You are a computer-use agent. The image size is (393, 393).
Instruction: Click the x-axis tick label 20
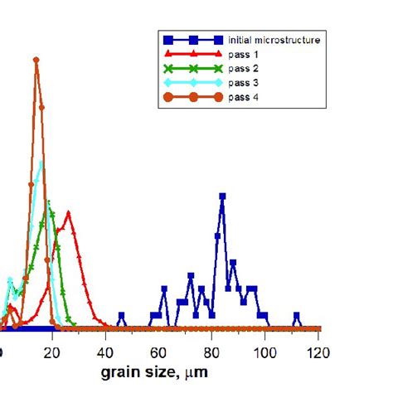[x=52, y=352]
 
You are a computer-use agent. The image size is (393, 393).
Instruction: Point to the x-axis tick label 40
[x=105, y=352]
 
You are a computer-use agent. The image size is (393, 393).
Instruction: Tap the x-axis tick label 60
[x=158, y=352]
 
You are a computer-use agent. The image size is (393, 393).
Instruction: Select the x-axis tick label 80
[x=212, y=352]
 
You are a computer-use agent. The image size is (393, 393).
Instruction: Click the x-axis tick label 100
[x=265, y=352]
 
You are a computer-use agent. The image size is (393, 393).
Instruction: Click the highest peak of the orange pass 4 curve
[x=36, y=60]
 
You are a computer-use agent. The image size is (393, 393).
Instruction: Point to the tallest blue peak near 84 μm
[x=222, y=197]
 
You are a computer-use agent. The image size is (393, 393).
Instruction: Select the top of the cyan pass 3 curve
[x=40, y=162]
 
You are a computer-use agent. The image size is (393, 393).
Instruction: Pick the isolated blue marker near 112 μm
[x=298, y=315]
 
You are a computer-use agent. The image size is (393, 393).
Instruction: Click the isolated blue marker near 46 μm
[x=122, y=315]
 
